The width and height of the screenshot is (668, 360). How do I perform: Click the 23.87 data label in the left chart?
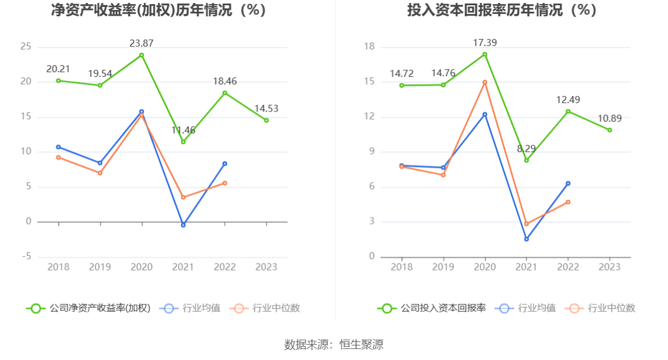tap(141, 43)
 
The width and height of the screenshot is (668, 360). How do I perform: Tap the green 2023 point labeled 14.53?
tap(267, 120)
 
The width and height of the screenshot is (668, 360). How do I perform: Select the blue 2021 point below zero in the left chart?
tap(183, 225)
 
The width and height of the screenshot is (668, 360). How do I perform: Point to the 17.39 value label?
tap(485, 42)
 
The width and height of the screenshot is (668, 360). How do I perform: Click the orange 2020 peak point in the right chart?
tap(485, 82)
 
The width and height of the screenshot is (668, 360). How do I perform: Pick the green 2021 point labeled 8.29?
tap(527, 161)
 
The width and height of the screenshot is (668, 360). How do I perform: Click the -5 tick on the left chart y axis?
tap(26, 257)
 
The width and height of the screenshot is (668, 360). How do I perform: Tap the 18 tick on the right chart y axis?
tap(369, 47)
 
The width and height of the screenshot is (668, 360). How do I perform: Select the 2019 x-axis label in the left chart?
tap(100, 267)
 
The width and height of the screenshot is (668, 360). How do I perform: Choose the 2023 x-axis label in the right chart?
tap(610, 267)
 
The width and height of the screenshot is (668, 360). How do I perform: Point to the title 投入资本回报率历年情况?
tap(502, 10)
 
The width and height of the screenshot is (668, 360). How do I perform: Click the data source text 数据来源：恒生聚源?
tap(334, 344)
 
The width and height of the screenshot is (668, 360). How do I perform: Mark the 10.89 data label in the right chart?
tap(610, 119)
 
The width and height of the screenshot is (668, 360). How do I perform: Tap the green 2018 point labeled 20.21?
tap(58, 80)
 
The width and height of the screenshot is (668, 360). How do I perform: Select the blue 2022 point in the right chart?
tap(568, 183)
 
